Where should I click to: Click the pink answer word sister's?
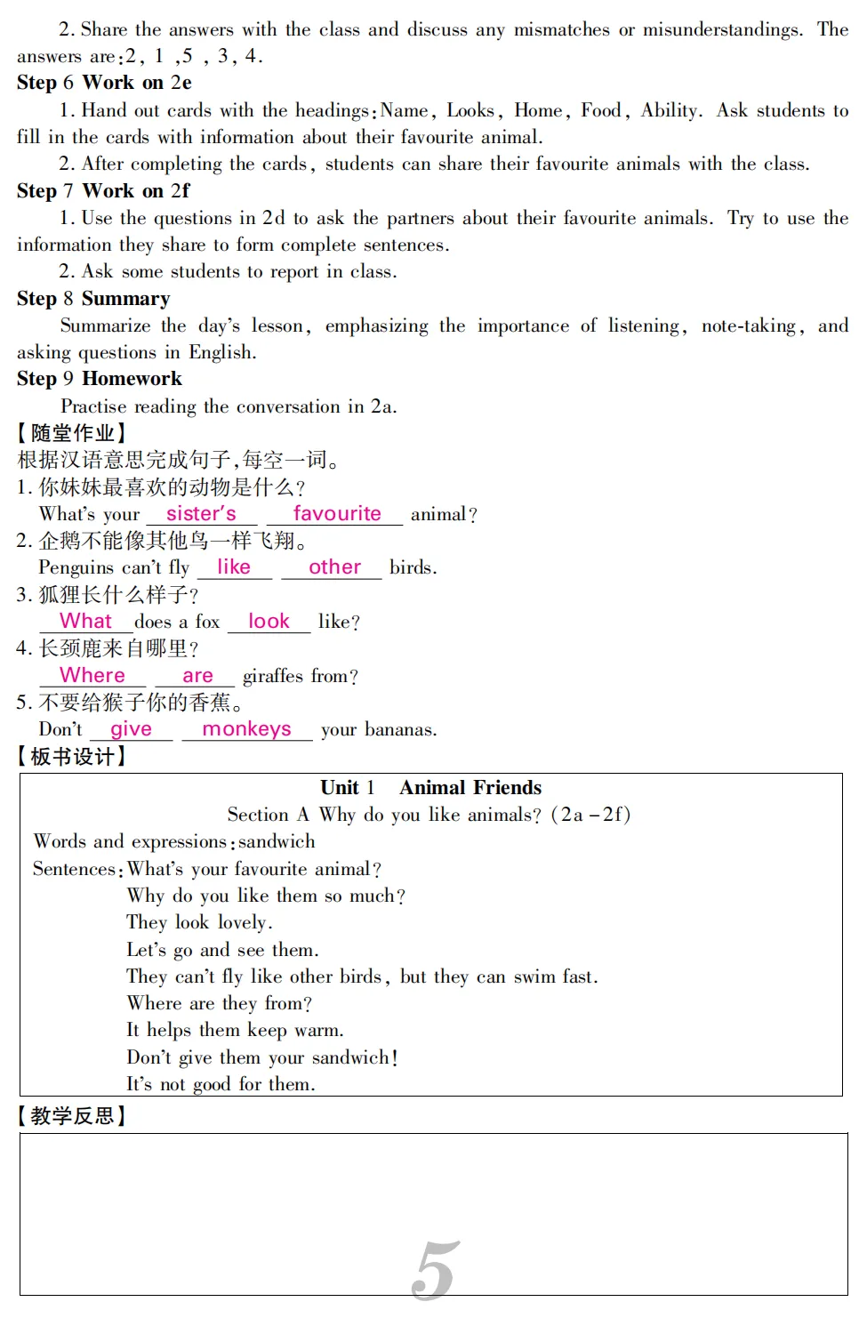click(201, 513)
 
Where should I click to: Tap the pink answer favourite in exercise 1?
click(337, 513)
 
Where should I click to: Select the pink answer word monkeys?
click(246, 728)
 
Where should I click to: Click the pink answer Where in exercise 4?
click(92, 675)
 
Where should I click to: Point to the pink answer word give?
click(131, 728)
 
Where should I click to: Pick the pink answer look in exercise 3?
click(269, 621)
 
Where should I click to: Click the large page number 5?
click(436, 1269)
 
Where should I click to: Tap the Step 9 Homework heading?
click(100, 379)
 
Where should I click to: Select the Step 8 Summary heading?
click(93, 299)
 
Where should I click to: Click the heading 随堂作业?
click(73, 433)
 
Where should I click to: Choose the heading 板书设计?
click(73, 756)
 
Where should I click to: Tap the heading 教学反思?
click(73, 1115)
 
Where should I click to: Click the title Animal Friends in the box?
click(470, 787)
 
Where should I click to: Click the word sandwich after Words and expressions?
click(277, 841)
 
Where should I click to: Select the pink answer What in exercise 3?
click(85, 621)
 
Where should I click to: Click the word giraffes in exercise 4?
click(273, 676)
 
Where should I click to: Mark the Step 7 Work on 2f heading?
click(103, 191)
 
